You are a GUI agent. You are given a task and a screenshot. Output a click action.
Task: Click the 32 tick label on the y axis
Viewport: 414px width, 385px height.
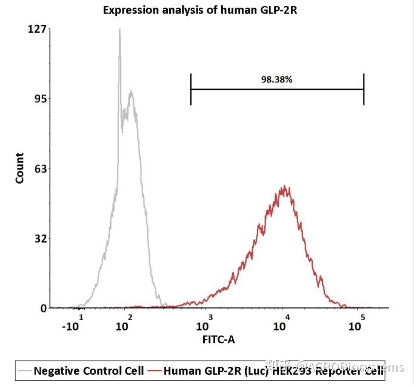click(40, 238)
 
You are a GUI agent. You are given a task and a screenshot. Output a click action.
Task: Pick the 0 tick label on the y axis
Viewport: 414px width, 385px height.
click(43, 308)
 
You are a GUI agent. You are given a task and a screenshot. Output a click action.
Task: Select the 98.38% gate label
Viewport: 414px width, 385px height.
click(277, 79)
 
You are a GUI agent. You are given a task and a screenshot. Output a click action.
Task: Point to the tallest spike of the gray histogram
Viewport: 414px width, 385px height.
click(119, 30)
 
